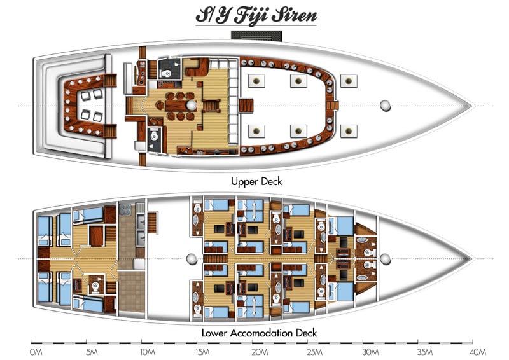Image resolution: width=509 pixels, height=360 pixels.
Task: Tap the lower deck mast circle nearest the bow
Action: [385, 259]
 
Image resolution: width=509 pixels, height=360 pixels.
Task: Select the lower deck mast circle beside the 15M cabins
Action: [190, 259]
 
